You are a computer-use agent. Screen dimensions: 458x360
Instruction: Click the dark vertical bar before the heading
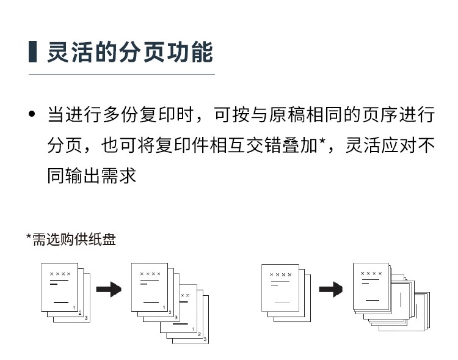point(32,52)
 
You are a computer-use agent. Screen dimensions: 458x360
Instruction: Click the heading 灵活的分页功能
point(130,52)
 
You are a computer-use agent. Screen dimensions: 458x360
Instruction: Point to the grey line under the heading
point(122,75)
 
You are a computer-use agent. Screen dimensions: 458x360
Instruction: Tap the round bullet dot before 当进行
point(32,114)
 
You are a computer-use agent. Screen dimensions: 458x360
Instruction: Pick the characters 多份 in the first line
point(121,114)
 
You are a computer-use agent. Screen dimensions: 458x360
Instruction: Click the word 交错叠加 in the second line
point(282,145)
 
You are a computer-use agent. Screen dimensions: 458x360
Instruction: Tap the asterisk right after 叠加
point(322,142)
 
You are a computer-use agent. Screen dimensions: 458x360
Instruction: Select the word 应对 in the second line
point(399,145)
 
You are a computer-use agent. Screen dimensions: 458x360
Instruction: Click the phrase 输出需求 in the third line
point(101,175)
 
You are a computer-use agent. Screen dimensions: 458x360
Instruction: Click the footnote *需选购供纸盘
point(71,239)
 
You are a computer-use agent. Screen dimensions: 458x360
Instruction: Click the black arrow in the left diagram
point(109,289)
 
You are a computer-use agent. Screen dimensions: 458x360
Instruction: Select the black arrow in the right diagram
point(330,289)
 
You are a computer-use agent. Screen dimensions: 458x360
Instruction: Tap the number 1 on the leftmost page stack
point(74,307)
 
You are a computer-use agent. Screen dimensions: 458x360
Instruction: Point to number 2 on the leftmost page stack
point(80,313)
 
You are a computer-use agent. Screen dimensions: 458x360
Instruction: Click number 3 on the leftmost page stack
point(86,318)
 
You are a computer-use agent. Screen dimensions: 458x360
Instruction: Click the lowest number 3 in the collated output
point(205,339)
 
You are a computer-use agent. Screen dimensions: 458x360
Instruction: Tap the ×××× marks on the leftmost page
point(60,274)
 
